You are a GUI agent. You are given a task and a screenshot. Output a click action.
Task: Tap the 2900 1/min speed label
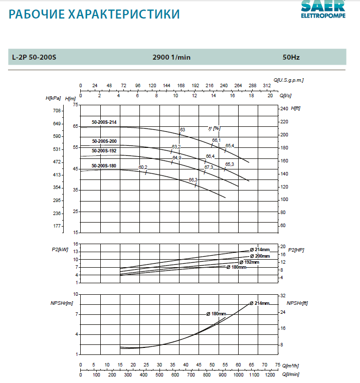click(171, 57)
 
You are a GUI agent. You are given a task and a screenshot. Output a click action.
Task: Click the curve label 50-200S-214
click(104, 122)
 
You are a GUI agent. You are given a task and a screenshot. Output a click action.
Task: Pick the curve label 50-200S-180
click(104, 166)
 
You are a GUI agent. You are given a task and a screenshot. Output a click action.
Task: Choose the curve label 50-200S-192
click(104, 150)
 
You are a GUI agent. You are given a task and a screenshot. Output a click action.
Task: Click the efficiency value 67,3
click(209, 167)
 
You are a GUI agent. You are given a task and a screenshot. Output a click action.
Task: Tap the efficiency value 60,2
click(143, 167)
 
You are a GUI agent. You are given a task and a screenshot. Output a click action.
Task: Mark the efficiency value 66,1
click(216, 140)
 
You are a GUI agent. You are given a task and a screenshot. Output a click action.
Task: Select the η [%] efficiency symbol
click(214, 128)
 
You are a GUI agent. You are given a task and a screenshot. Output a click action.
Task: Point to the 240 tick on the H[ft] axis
click(284, 109)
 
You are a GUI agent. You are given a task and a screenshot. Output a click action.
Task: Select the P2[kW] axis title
click(60, 249)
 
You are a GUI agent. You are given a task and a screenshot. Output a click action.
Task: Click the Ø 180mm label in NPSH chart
click(216, 314)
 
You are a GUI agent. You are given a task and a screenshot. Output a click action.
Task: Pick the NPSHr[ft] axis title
click(297, 303)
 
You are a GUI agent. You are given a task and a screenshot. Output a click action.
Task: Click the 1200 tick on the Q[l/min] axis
click(270, 374)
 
